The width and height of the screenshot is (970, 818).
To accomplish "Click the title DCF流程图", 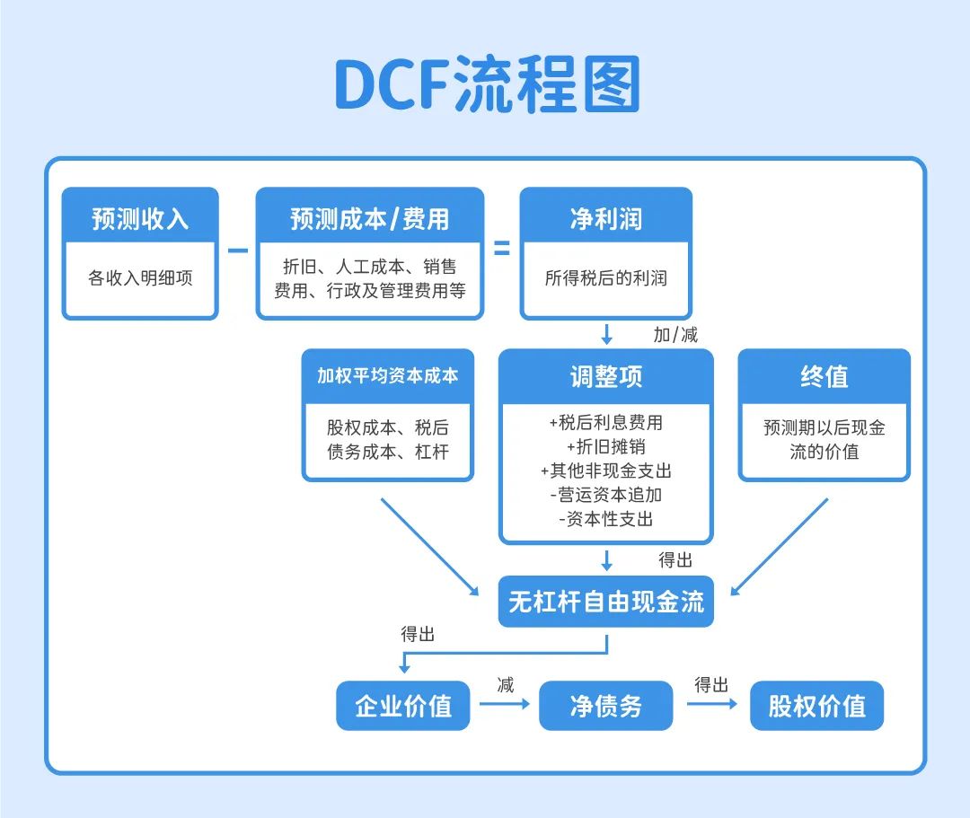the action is tap(487, 84).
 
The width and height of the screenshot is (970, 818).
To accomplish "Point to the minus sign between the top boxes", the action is tap(237, 251).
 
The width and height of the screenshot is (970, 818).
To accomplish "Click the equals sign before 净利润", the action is tap(502, 249).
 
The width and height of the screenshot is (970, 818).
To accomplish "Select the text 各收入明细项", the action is tap(140, 278).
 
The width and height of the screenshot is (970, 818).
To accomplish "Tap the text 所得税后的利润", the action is tap(605, 278).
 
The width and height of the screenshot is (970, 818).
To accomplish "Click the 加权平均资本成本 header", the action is tap(388, 376).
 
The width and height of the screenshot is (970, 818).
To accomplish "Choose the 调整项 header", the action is tap(605, 376).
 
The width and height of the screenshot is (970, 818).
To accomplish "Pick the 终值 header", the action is tap(824, 376).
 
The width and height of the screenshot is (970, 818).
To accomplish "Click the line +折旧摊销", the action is tap(605, 446).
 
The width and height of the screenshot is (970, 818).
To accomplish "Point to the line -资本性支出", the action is tap(605, 519).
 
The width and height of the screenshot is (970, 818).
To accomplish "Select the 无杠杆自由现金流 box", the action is tap(605, 602).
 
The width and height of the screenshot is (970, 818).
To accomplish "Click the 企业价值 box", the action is tap(403, 706).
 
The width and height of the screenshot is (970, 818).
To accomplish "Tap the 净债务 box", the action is tap(605, 706).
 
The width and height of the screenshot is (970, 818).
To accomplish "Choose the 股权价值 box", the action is tap(816, 706).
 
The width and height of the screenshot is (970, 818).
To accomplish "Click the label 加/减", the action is tap(675, 335).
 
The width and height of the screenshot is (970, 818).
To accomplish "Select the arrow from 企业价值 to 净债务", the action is tap(505, 704).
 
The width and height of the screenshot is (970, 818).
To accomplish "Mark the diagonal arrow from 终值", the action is tap(779, 547).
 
